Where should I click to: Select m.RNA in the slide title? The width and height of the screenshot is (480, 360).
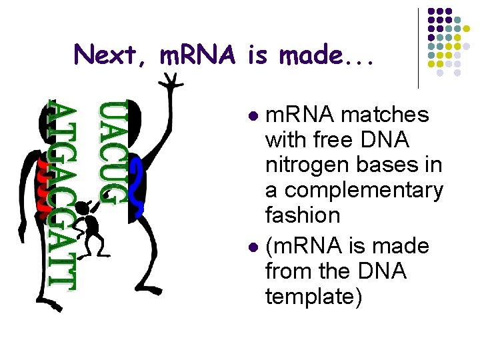point(199,54)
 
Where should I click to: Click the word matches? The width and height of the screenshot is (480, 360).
point(385,115)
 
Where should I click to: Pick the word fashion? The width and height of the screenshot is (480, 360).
point(303,215)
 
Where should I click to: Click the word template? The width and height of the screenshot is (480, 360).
point(313,296)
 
